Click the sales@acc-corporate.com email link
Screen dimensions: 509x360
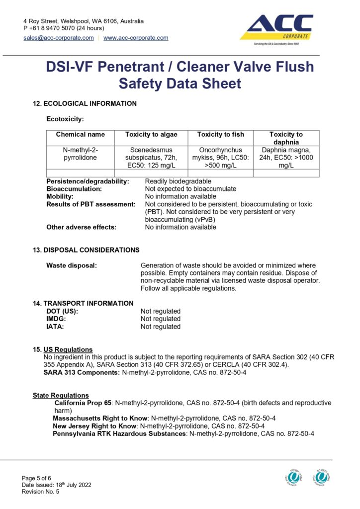[x=59, y=38]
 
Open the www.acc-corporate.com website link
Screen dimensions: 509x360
[x=136, y=38]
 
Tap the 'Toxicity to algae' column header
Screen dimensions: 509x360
[x=151, y=135]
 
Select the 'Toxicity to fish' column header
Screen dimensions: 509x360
[x=220, y=135]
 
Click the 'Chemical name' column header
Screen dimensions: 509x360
[x=81, y=135]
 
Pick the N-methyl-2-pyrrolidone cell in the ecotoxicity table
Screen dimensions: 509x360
[x=81, y=154]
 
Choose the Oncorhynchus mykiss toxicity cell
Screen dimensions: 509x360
[x=220, y=158]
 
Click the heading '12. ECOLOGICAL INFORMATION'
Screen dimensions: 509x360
[x=85, y=104]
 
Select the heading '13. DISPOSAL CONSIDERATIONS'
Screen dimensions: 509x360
[x=86, y=250]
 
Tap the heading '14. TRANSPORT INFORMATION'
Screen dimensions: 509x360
[x=83, y=303]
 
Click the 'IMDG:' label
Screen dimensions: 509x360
[x=56, y=319]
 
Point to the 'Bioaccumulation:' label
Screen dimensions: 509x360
[x=74, y=189]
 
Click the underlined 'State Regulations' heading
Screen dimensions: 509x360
[x=61, y=396]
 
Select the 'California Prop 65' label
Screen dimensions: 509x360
[x=83, y=403]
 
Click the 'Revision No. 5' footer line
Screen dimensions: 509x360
[x=40, y=492]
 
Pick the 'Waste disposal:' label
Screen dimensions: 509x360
[x=72, y=266]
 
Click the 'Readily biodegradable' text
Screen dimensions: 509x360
[x=178, y=181]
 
